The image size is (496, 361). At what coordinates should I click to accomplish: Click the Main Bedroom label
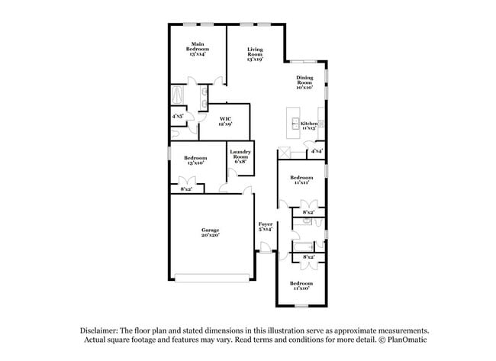(x=198, y=49)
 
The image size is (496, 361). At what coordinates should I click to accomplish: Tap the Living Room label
(x=255, y=55)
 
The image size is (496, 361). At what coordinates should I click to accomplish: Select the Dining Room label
(x=305, y=82)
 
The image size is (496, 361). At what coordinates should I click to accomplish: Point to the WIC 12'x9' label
(x=225, y=121)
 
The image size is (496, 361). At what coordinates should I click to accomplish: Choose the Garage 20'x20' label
(x=211, y=231)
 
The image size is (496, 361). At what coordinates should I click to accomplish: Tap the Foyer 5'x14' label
(x=266, y=227)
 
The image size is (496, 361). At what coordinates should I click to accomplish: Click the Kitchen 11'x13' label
(x=309, y=126)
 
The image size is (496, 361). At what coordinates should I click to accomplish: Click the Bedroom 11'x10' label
(x=301, y=285)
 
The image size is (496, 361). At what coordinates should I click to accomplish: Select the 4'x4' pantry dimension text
(x=315, y=151)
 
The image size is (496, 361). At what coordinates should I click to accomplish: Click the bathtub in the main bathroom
(x=179, y=96)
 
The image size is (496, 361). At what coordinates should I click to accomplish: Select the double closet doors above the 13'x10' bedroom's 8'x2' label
(x=185, y=180)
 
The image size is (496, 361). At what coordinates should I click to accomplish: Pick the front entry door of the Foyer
(x=265, y=248)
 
